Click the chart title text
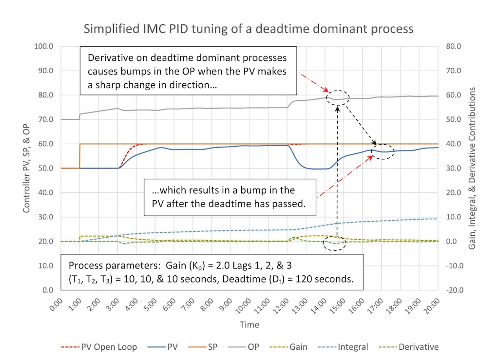[249, 29]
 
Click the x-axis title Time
[249, 324]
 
